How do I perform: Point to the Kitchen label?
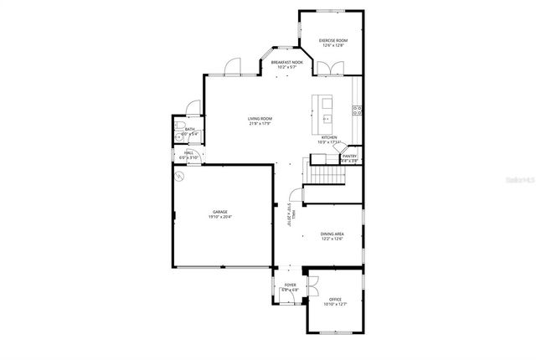coord(329,139)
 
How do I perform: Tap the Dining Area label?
coord(332,236)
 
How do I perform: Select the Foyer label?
coord(290,287)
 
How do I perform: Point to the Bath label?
coord(190,131)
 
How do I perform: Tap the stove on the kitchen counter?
coord(357,109)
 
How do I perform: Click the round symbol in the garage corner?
coord(178,175)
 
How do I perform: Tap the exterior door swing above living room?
coord(234,64)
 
